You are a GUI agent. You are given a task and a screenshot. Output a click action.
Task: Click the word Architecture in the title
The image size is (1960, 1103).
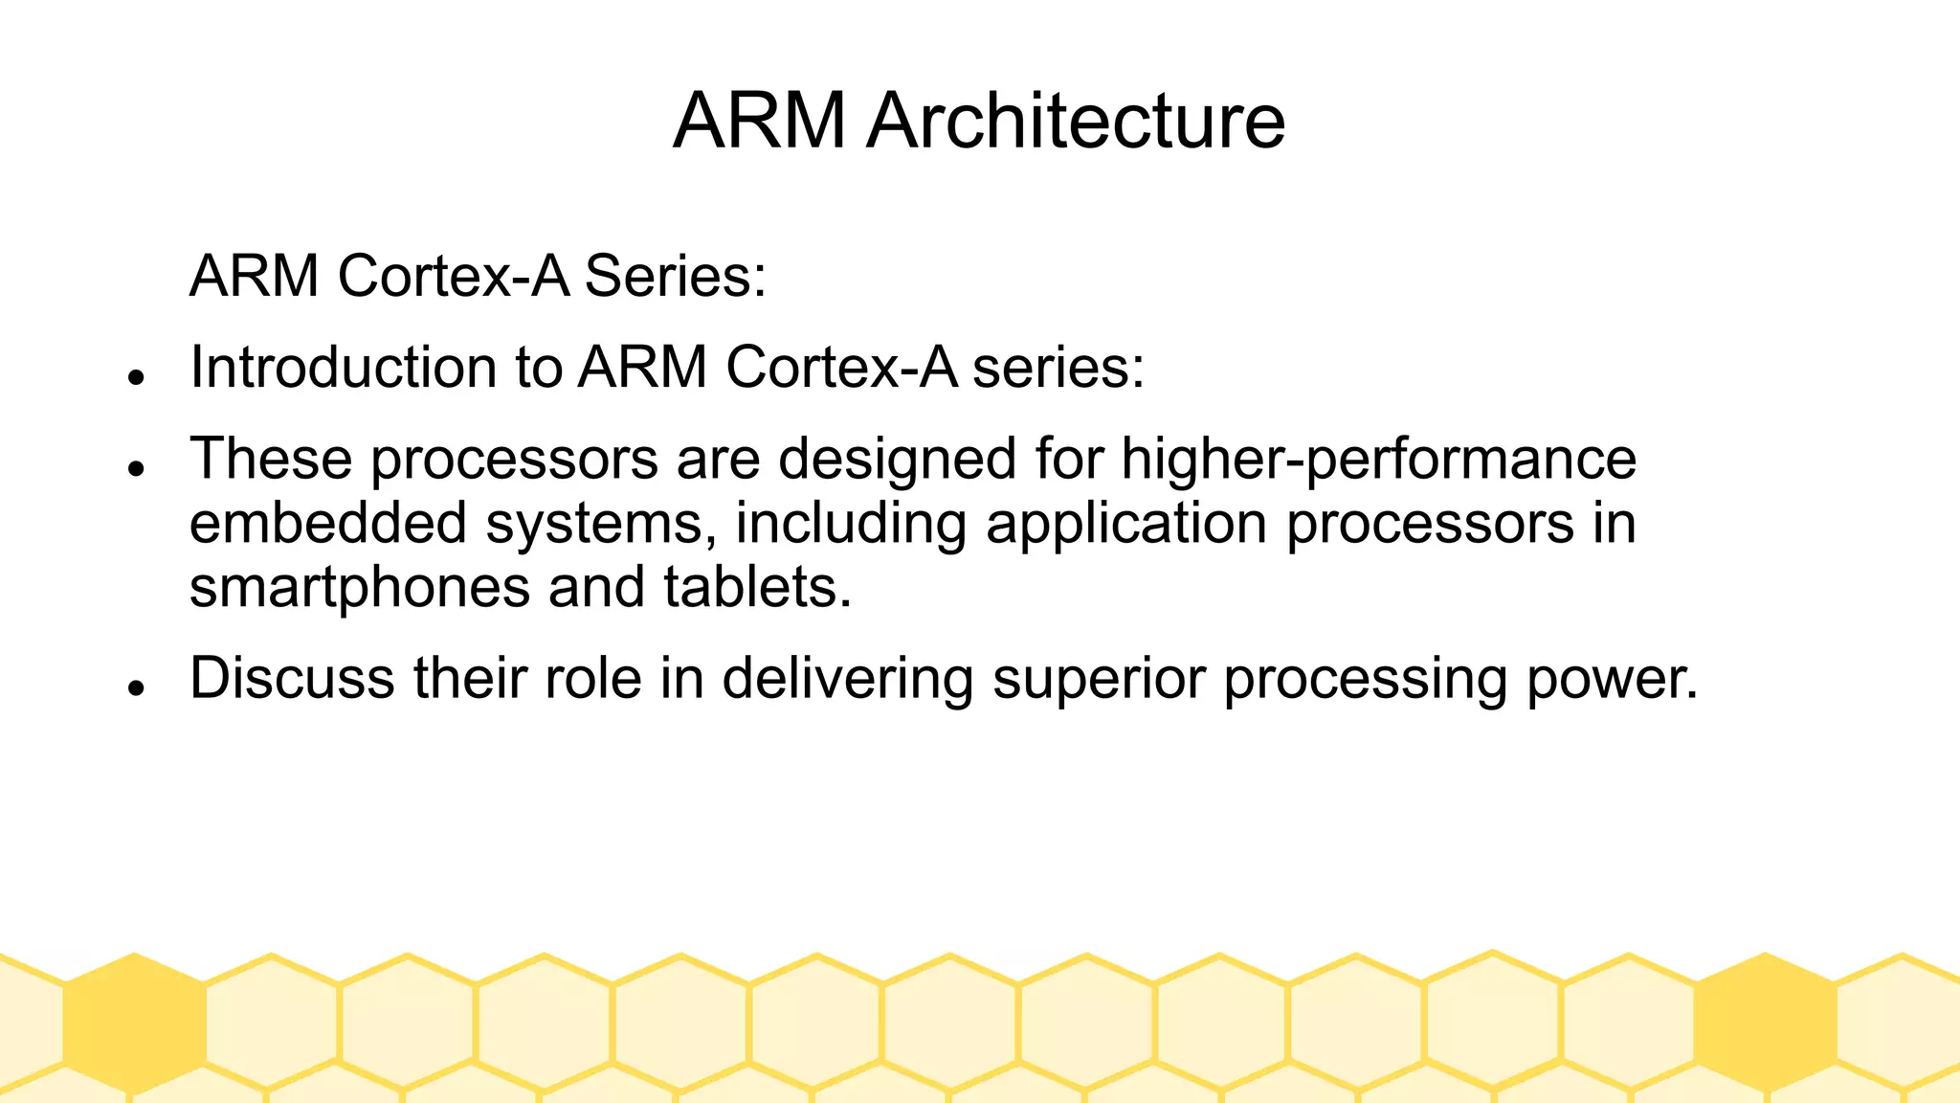point(1076,121)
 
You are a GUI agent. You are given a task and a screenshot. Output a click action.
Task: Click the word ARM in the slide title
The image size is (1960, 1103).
point(760,121)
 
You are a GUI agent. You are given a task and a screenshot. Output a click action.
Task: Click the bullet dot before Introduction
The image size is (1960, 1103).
point(136,377)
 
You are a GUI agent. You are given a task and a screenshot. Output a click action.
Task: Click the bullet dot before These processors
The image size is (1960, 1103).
point(136,468)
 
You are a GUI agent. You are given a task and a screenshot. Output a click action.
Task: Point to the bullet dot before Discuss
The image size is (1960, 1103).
point(136,687)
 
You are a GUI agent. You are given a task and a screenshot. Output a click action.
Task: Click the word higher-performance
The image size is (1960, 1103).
point(1378,459)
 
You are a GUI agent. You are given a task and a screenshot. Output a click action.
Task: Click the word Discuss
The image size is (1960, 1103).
point(292,678)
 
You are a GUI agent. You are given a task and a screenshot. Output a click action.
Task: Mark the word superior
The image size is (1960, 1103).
point(1099,678)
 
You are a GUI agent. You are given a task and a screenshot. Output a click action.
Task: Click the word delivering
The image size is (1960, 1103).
point(847,678)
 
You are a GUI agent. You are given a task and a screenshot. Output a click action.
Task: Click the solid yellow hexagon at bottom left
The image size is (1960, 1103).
point(135,1023)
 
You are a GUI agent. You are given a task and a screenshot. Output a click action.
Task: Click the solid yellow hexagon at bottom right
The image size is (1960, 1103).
point(1765,1023)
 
